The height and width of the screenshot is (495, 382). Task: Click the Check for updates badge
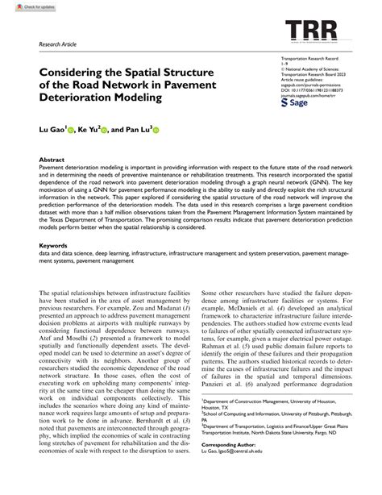click(23, 6)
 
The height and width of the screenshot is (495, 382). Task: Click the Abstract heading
click(52, 160)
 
